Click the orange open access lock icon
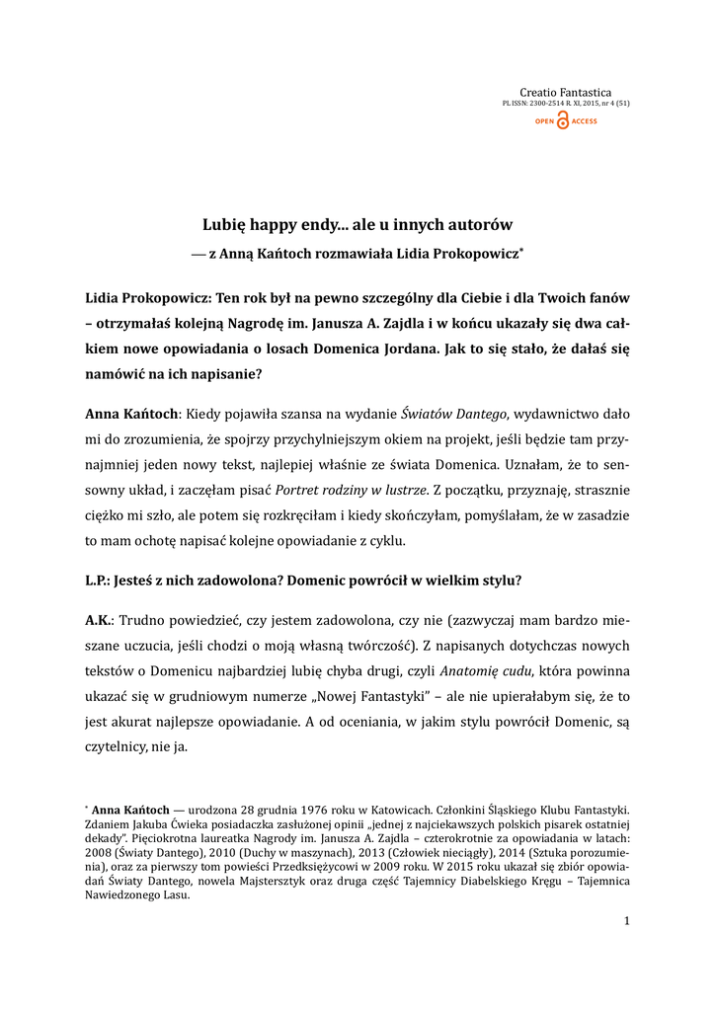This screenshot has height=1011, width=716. [x=563, y=121]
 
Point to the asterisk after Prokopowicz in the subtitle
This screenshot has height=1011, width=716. [x=521, y=250]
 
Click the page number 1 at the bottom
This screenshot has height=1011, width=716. [x=626, y=921]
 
